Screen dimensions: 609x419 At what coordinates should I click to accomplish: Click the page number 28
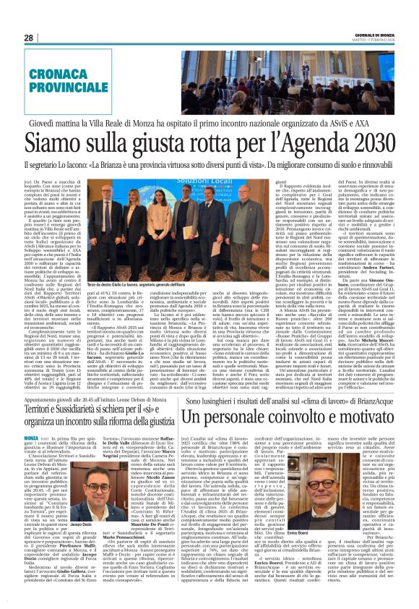28,38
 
